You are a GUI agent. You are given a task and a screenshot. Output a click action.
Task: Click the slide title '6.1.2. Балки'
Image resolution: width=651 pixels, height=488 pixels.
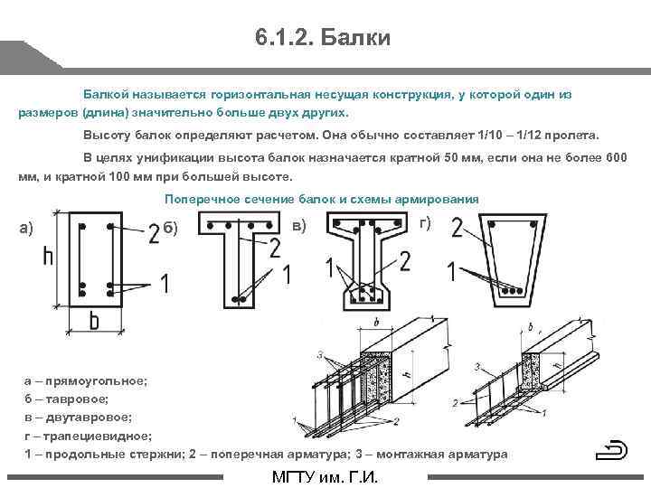pos(322,38)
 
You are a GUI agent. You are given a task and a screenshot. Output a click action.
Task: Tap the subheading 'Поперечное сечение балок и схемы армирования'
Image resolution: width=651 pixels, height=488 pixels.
pos(321,199)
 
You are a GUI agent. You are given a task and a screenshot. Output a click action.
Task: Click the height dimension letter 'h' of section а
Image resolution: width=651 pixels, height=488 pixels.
pos(48,258)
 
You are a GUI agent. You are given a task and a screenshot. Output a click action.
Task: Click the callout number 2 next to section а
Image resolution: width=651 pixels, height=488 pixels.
pos(154,233)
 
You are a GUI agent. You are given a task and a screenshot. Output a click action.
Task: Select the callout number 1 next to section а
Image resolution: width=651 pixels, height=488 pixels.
pos(164,284)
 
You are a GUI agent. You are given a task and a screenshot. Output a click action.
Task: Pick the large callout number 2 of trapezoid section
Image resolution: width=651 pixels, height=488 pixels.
pos(458,229)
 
